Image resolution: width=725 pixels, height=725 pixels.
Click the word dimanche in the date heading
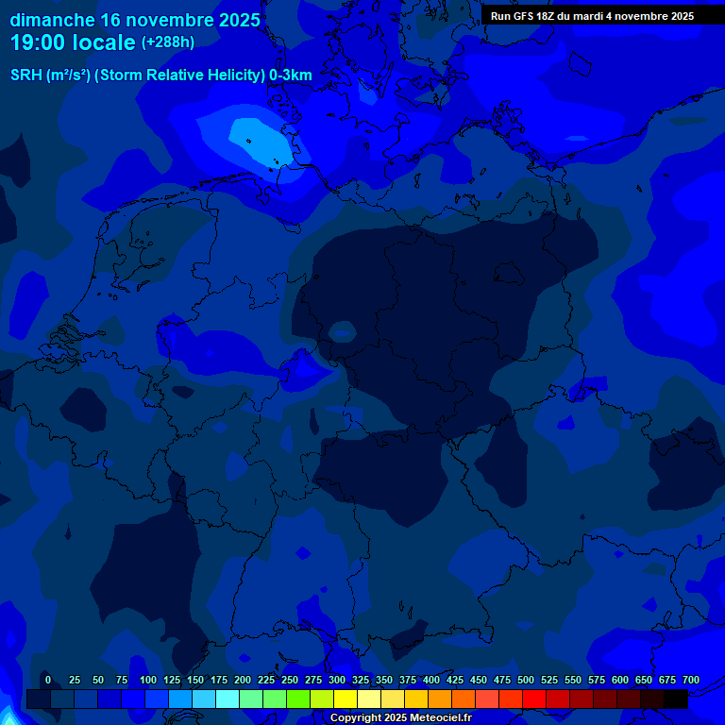coord(52,20)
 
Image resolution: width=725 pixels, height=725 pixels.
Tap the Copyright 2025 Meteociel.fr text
coord(400,718)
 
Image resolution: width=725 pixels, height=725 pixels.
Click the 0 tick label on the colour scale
coord(48,680)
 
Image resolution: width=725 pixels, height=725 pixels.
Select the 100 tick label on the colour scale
coord(148,680)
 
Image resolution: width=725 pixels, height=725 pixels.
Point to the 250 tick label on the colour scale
coord(290,680)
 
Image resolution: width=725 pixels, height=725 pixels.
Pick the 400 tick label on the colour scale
coord(431,680)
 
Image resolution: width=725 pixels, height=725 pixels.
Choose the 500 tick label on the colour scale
coord(526,680)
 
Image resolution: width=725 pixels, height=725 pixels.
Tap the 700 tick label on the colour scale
coord(691,680)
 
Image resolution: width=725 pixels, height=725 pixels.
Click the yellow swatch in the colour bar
coord(346,700)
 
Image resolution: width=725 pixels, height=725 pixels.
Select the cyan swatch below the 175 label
coord(228,700)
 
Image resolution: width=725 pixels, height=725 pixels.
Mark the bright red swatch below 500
coord(534,700)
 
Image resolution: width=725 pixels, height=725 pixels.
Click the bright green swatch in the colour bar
coord(298,700)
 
